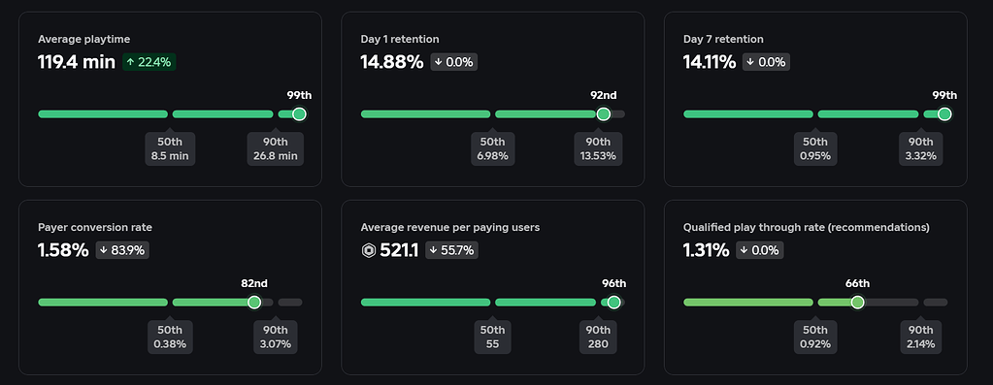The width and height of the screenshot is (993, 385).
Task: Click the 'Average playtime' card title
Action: (83, 40)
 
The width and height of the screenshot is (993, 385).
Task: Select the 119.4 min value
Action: (77, 62)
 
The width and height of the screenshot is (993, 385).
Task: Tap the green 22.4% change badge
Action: (149, 62)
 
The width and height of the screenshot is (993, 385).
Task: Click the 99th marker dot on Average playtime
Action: (299, 114)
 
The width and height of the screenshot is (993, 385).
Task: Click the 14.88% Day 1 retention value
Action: (392, 62)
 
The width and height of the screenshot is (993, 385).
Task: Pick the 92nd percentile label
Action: (603, 95)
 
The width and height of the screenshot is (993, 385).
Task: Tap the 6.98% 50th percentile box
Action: (492, 149)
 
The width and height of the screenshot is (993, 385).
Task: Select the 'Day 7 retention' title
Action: (723, 40)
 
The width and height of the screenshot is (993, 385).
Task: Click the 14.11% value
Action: (712, 62)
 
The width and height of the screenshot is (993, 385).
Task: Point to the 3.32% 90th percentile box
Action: (922, 149)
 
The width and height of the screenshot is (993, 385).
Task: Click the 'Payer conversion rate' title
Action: (95, 228)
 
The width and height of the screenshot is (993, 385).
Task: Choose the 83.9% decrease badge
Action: (122, 250)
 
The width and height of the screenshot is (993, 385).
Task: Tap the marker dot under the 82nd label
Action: (254, 303)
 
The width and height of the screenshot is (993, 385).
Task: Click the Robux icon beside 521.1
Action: (369, 250)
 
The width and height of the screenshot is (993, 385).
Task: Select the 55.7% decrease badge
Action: (451, 250)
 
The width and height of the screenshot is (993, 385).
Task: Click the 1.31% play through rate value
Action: (707, 250)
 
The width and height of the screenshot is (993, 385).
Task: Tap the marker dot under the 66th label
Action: (857, 303)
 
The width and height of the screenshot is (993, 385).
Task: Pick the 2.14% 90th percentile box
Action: (922, 337)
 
